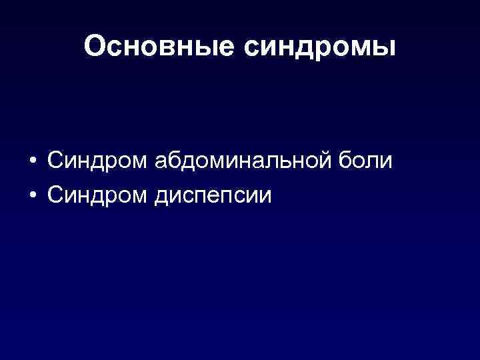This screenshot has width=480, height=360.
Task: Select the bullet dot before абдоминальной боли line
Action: click(x=32, y=163)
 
